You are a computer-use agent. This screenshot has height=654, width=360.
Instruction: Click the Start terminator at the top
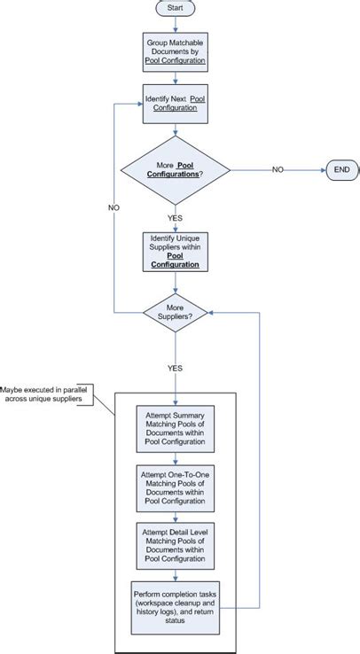click(176, 8)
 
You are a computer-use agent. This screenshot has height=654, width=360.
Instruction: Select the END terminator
click(341, 168)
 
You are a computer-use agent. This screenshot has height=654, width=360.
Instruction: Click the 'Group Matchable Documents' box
click(176, 51)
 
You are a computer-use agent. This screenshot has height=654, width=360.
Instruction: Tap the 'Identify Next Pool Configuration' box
click(176, 105)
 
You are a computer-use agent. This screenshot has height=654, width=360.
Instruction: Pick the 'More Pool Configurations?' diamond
click(176, 168)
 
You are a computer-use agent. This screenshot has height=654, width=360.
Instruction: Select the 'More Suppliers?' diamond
click(176, 312)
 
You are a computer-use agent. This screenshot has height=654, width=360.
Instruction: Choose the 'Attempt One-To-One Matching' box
click(176, 487)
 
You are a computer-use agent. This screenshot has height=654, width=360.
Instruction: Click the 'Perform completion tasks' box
click(176, 606)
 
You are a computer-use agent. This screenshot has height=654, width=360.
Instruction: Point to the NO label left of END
click(278, 168)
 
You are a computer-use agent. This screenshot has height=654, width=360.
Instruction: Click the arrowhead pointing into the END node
click(322, 168)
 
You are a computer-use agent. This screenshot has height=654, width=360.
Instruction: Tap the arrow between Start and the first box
click(176, 25)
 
